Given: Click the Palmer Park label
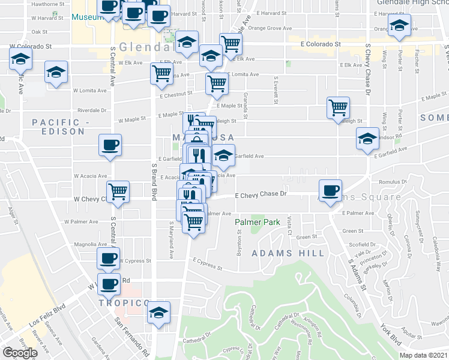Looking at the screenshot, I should (x=257, y=223).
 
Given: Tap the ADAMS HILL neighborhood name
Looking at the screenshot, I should (x=288, y=253).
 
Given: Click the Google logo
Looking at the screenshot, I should (x=20, y=352).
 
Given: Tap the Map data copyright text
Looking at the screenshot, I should (x=424, y=355).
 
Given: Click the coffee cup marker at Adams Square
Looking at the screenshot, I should (x=330, y=191).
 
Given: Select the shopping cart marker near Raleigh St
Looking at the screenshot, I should (x=339, y=108).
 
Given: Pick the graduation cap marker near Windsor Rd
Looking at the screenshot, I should (x=368, y=139).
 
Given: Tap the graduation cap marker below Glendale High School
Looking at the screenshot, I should (x=398, y=26).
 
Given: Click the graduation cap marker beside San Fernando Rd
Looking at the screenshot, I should (x=158, y=313).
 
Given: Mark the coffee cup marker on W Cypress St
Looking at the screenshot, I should (x=109, y=258).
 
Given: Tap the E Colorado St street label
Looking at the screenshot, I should (x=321, y=44).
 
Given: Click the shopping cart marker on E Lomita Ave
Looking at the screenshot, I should (x=217, y=85).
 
